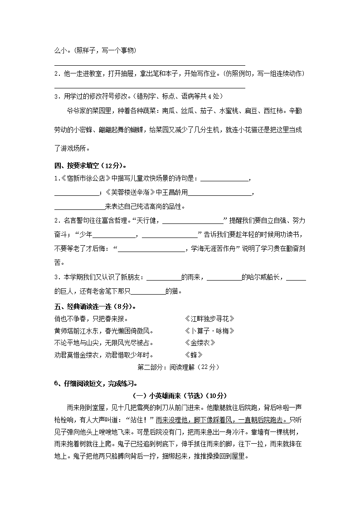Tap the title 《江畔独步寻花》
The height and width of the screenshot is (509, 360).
point(209,319)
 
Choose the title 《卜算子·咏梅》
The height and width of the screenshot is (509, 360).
point(209,331)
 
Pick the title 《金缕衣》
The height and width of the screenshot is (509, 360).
point(199,343)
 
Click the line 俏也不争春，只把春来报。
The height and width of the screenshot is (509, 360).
point(91,319)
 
